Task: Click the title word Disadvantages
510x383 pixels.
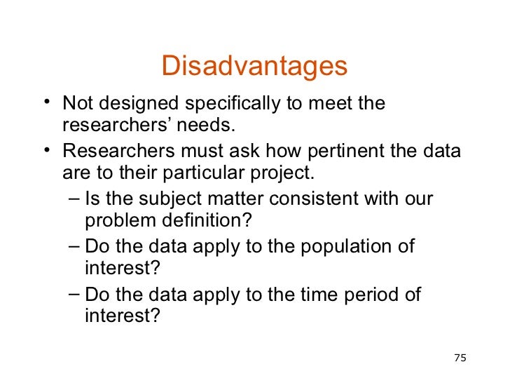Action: tap(254, 67)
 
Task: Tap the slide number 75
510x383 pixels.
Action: tap(460, 358)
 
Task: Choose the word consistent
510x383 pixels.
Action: tap(304, 199)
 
